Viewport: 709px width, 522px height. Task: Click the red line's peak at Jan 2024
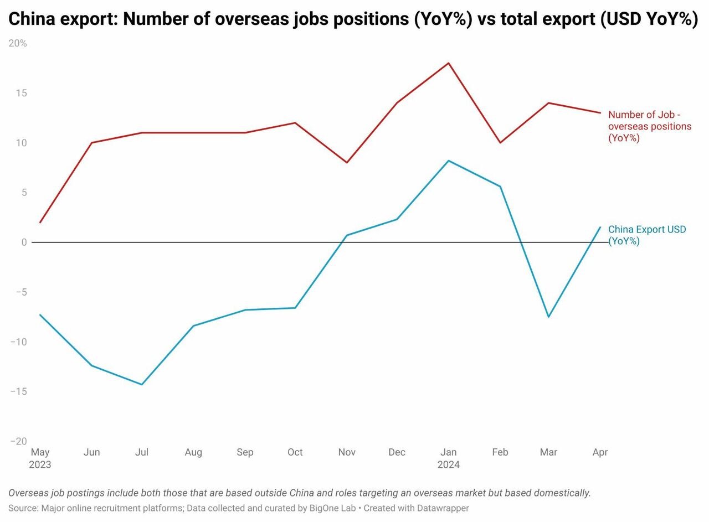pos(448,63)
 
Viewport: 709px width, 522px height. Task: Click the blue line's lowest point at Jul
pos(142,384)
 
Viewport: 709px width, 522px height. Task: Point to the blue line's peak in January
pos(448,161)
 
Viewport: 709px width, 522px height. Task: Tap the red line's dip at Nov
pos(347,162)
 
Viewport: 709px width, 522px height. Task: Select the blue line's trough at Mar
pos(548,317)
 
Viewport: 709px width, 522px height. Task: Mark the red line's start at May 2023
pos(40,223)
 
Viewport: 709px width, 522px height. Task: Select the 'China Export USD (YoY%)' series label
pos(646,235)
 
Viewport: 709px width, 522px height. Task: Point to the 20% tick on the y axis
pos(18,43)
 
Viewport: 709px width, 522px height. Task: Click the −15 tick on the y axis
pos(18,391)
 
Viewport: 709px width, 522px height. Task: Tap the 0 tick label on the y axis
pos(24,242)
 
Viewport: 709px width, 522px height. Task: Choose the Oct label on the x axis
pos(295,452)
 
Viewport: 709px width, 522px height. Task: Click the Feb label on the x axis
pos(500,452)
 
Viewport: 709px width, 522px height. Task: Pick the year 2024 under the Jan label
pos(448,464)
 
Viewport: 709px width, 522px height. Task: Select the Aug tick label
pos(193,452)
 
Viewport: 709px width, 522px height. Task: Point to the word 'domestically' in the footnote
pos(561,493)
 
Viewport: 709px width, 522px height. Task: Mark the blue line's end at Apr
pos(600,227)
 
